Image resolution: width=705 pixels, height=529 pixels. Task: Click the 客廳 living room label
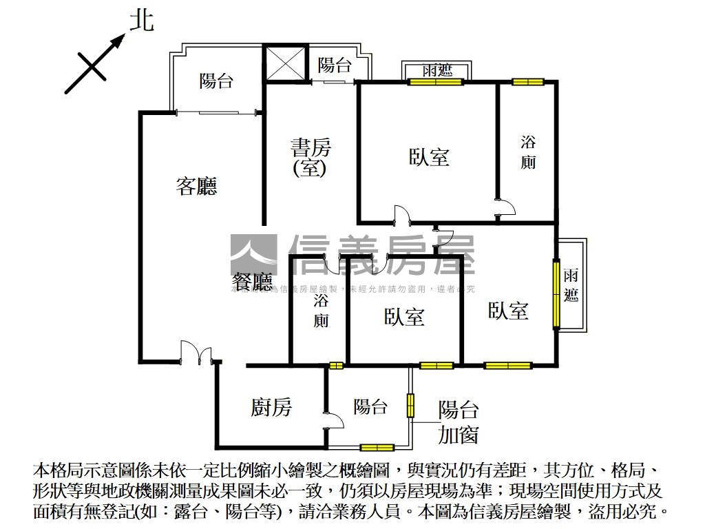pyautogui.click(x=196, y=186)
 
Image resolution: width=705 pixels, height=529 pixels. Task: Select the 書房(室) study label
pyautogui.click(x=311, y=157)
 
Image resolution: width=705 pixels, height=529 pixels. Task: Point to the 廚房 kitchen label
pyautogui.click(x=271, y=408)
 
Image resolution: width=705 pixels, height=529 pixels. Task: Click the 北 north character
pyautogui.click(x=141, y=21)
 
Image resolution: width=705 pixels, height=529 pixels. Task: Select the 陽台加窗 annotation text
pyautogui.click(x=459, y=422)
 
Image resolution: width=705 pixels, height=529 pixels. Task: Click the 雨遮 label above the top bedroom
pyautogui.click(x=437, y=70)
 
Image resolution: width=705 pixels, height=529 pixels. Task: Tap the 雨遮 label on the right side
pyautogui.click(x=571, y=286)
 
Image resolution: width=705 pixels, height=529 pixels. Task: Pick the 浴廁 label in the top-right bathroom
pyautogui.click(x=528, y=152)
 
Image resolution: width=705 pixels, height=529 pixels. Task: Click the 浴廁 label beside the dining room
pyautogui.click(x=322, y=311)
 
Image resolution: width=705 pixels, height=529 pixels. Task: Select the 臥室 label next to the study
pyautogui.click(x=429, y=158)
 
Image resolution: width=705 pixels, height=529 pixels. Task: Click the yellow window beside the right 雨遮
pyautogui.click(x=556, y=293)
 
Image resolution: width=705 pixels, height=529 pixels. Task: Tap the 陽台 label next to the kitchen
pyautogui.click(x=370, y=406)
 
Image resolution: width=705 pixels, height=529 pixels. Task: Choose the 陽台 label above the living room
pyautogui.click(x=216, y=81)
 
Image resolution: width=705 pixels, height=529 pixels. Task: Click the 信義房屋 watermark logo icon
pyautogui.click(x=253, y=256)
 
